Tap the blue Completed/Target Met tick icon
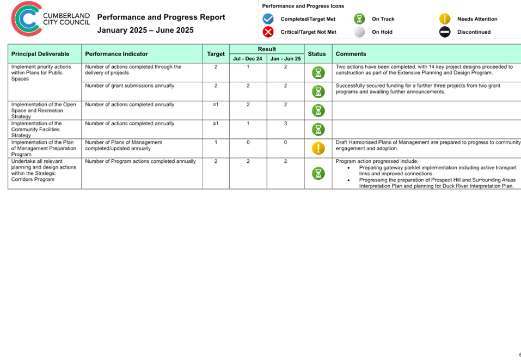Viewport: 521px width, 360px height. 268,19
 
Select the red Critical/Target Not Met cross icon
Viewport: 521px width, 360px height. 268,32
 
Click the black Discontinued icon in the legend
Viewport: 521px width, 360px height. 445,32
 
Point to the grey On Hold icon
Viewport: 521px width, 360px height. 359,32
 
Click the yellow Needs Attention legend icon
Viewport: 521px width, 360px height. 445,19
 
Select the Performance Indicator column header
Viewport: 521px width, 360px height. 117,54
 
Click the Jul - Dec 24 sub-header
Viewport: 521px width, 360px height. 248,58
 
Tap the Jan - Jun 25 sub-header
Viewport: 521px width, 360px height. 285,58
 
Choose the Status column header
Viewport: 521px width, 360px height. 317,54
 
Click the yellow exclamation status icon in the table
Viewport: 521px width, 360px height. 318,148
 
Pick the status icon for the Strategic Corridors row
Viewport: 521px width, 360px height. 318,173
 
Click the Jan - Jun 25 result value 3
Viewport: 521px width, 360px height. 285,123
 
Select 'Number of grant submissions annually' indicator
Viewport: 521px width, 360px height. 130,86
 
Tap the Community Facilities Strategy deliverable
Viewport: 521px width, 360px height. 36,129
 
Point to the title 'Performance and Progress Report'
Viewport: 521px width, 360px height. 161,17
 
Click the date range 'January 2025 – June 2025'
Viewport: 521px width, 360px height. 145,30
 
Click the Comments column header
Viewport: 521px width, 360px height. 351,54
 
